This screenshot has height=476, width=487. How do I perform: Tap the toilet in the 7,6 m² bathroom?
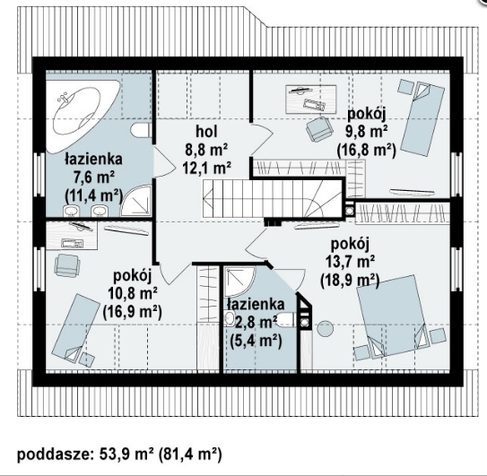point(141,130)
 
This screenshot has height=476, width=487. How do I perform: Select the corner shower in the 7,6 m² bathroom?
point(136,200)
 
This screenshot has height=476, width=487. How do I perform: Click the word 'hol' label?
point(206,132)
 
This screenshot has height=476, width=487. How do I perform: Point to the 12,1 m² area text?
point(206,169)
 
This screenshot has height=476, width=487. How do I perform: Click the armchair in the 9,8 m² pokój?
point(318,129)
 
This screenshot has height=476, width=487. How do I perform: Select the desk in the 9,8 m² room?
point(310,99)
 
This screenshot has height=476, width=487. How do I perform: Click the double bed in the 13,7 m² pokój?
point(392,316)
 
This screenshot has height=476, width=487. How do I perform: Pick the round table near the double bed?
point(325,328)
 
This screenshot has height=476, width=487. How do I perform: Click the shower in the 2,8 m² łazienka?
point(239,281)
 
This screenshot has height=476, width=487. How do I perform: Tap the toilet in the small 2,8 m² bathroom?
point(286,320)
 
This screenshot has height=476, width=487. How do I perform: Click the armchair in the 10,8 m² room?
point(67,265)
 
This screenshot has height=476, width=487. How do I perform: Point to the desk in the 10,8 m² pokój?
point(72,235)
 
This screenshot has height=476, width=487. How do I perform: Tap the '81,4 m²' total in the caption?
point(190,454)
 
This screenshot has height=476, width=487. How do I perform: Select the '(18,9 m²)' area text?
point(350,281)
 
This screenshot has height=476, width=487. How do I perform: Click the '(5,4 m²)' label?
point(257,342)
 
